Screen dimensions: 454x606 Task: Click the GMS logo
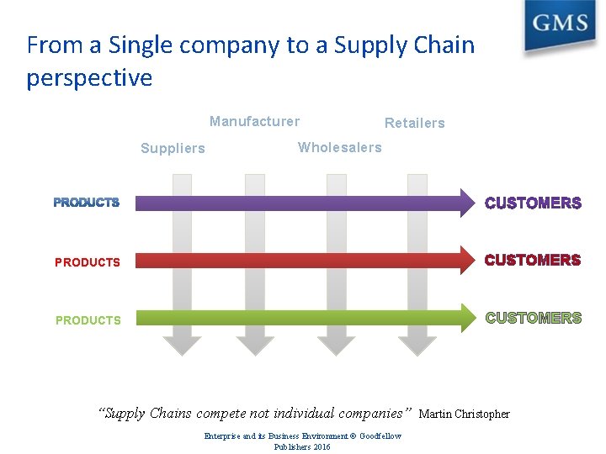(x=559, y=24)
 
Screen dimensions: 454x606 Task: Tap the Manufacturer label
(x=254, y=121)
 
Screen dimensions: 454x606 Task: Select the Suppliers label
(x=173, y=149)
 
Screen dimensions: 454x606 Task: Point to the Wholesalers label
(x=339, y=147)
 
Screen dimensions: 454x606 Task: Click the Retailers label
(x=414, y=123)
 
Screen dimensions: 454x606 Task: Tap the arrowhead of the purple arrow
(x=467, y=203)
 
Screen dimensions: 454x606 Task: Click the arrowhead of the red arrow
(x=467, y=261)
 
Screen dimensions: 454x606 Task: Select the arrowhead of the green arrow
(x=467, y=317)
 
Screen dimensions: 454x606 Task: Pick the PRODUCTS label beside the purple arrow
(x=87, y=203)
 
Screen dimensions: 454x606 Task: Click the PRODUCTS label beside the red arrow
(x=88, y=262)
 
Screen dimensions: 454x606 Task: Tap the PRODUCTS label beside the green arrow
(x=88, y=320)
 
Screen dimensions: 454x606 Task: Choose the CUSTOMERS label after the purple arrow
(x=533, y=203)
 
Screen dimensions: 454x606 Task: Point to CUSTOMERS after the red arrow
(x=533, y=261)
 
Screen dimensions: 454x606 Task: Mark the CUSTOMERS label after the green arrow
(x=533, y=318)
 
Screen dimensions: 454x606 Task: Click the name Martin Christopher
(x=464, y=414)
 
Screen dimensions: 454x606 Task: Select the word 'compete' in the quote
(x=221, y=413)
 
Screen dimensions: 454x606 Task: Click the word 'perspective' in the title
(x=89, y=78)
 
